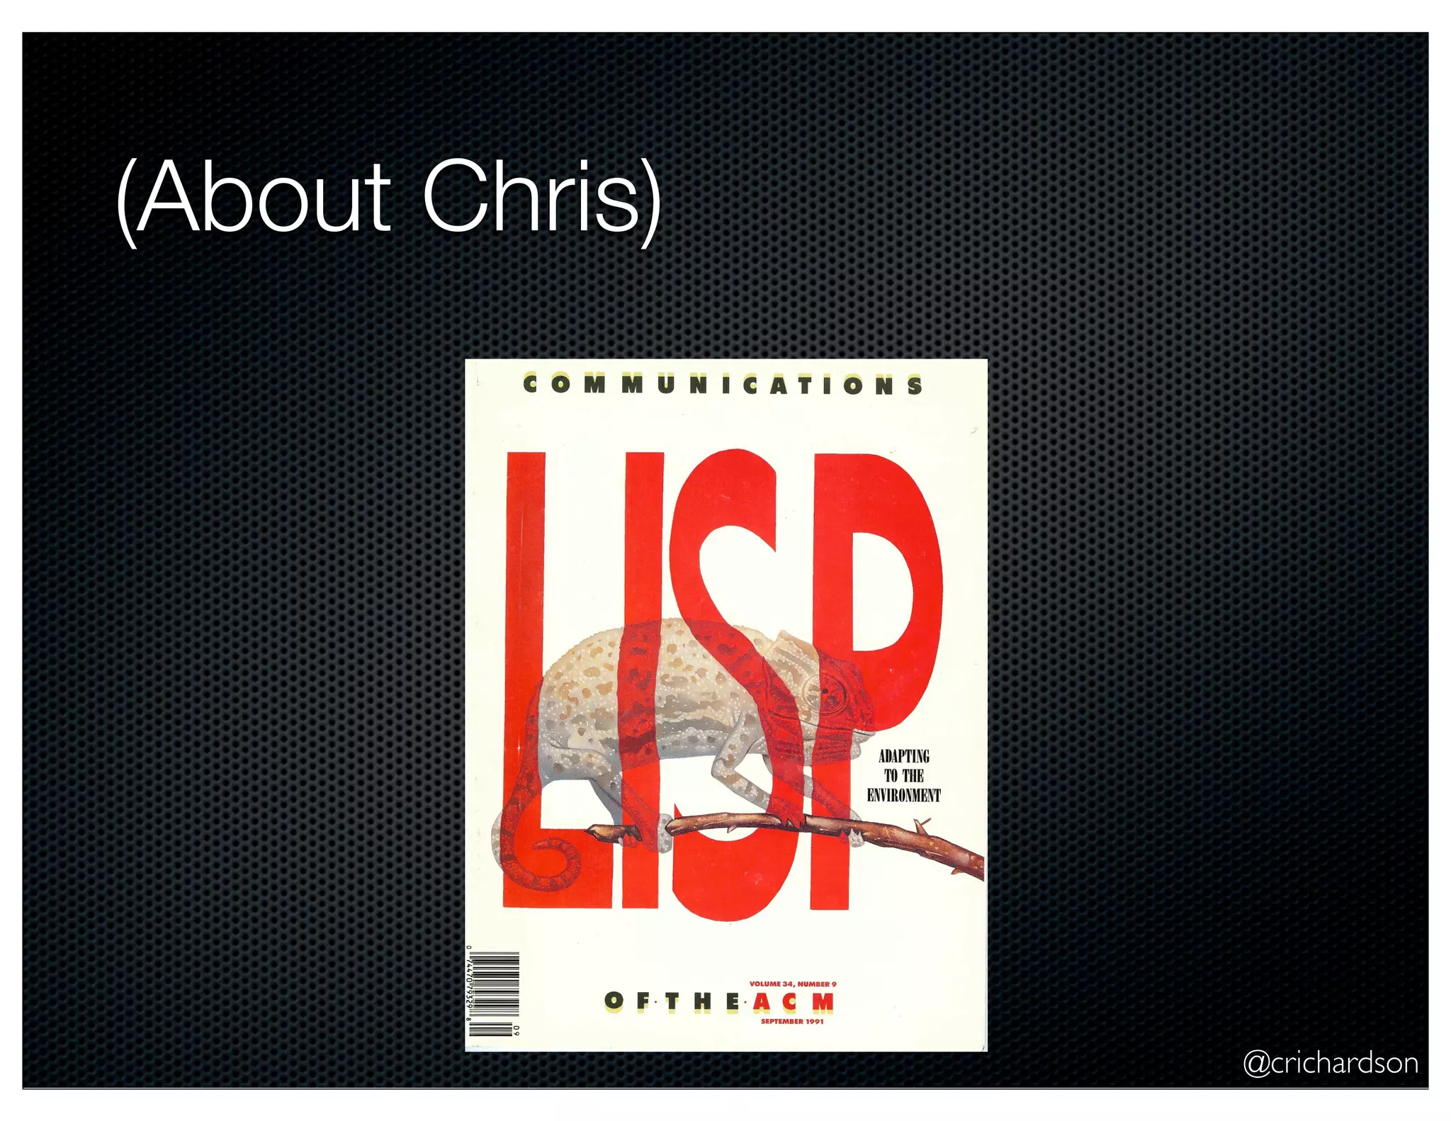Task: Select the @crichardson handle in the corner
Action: pos(1330,1064)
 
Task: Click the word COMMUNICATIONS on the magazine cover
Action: pos(723,385)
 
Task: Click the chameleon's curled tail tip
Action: pos(549,861)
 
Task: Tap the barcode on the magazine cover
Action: pos(494,994)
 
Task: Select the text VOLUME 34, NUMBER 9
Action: pos(792,984)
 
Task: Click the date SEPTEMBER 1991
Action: pos(792,1021)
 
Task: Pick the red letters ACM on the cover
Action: pos(793,1002)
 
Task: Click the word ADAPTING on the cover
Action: pos(903,756)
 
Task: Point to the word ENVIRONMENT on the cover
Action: pos(903,795)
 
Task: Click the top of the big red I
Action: pos(643,461)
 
